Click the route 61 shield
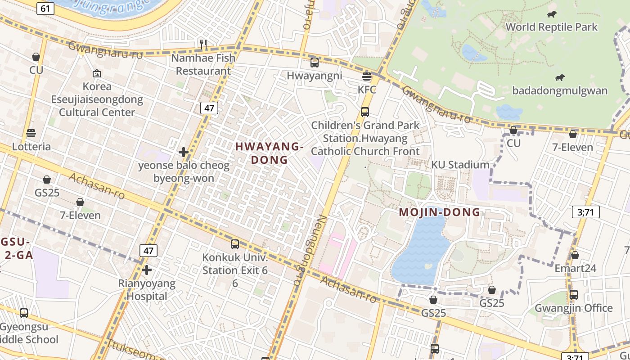coord(45,8)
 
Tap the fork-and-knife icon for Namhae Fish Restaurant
coord(203,44)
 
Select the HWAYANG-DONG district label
coord(269,153)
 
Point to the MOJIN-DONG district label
coord(439,212)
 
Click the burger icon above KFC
coord(367,76)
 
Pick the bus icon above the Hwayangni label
coord(315,63)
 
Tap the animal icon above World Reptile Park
coord(552,14)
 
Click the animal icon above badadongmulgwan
coord(560,78)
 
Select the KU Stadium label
coord(460,165)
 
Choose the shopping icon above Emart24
coord(575,256)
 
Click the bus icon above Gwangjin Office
coord(574,295)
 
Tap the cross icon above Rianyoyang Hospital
coord(147,270)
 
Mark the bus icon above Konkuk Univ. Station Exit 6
coord(235,244)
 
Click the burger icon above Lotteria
coord(31,133)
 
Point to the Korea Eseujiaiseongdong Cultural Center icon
coord(96,73)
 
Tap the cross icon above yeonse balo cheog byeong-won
coord(184,152)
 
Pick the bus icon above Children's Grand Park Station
coord(365,112)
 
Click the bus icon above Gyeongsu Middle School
coord(24,313)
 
